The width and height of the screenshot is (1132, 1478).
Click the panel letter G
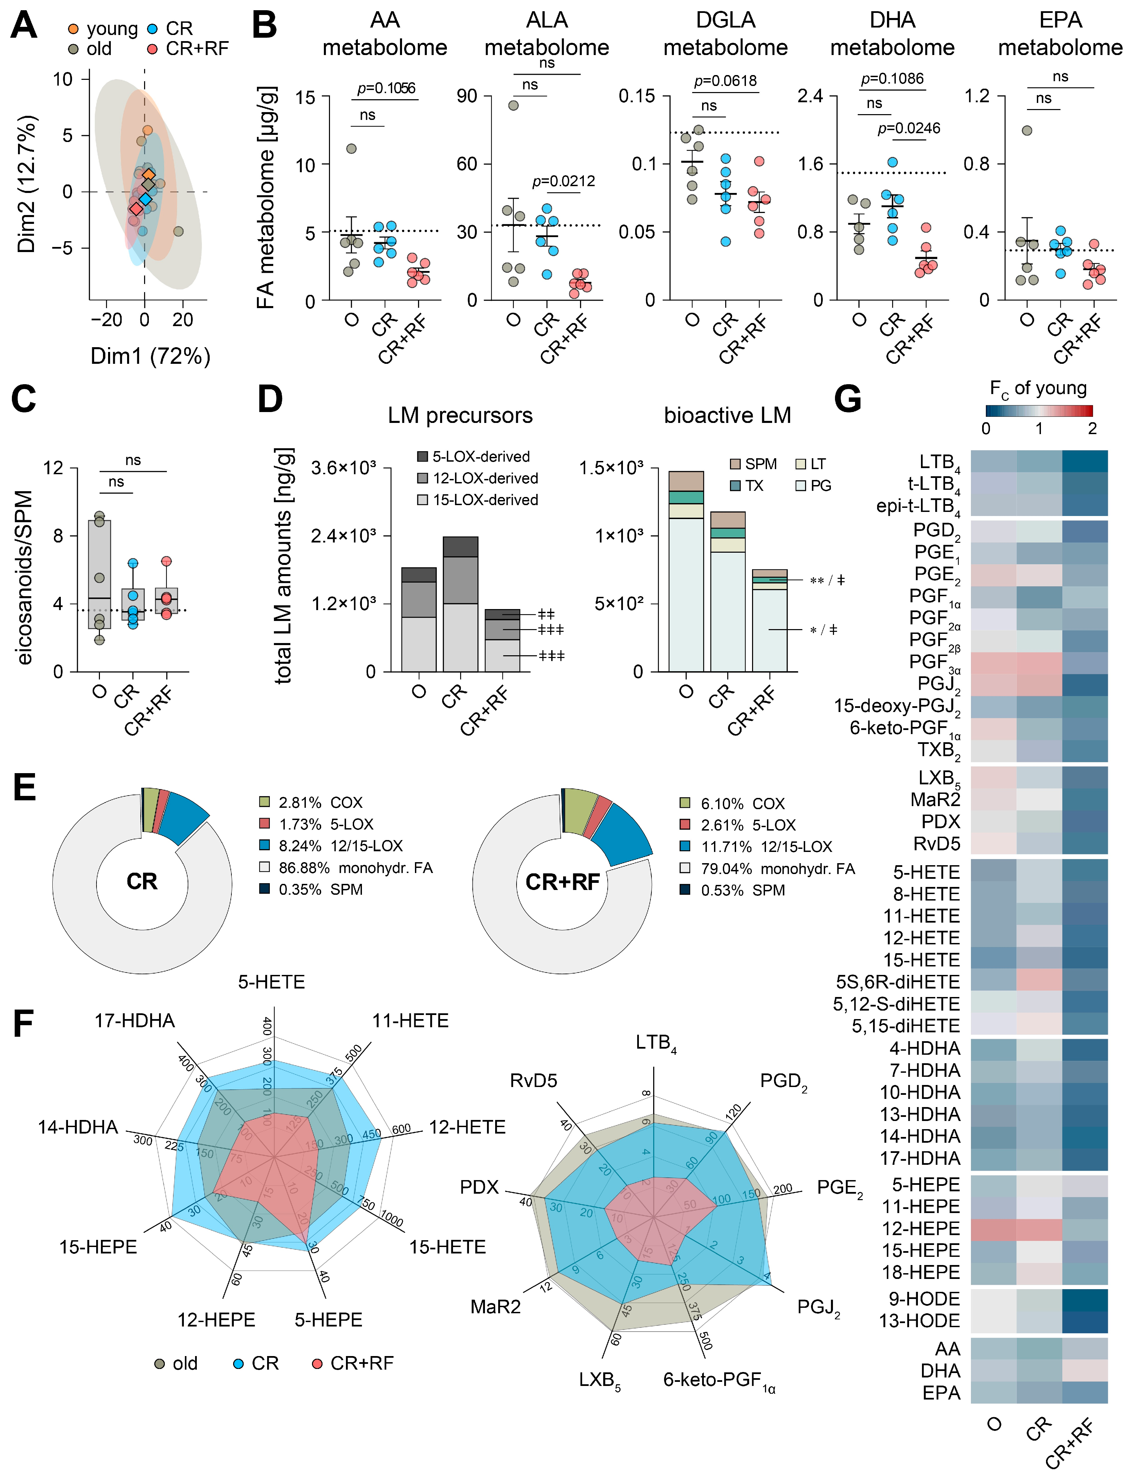pos(848,399)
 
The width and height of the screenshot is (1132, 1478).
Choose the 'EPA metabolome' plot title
pos(1060,34)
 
